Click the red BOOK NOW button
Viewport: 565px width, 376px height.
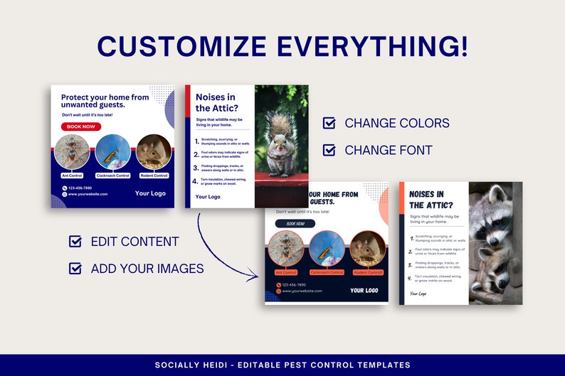[81, 127]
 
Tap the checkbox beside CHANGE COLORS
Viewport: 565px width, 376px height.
[329, 123]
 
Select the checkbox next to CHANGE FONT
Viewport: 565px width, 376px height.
[329, 150]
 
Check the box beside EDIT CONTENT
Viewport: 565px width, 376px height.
[75, 242]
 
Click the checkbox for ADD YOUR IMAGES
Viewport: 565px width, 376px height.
[75, 269]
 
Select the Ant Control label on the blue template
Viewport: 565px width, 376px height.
[73, 175]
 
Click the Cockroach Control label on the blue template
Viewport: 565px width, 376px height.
[113, 175]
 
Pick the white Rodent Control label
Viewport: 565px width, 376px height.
[154, 175]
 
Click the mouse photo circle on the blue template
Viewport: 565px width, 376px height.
[154, 151]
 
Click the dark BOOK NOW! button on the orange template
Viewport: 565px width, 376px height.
[295, 223]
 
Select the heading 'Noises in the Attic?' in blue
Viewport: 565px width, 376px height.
[216, 102]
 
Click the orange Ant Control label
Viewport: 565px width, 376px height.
[286, 272]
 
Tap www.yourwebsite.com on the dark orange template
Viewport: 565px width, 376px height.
[302, 291]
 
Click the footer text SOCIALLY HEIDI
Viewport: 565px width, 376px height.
[193, 365]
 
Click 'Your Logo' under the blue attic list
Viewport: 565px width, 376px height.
[208, 197]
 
